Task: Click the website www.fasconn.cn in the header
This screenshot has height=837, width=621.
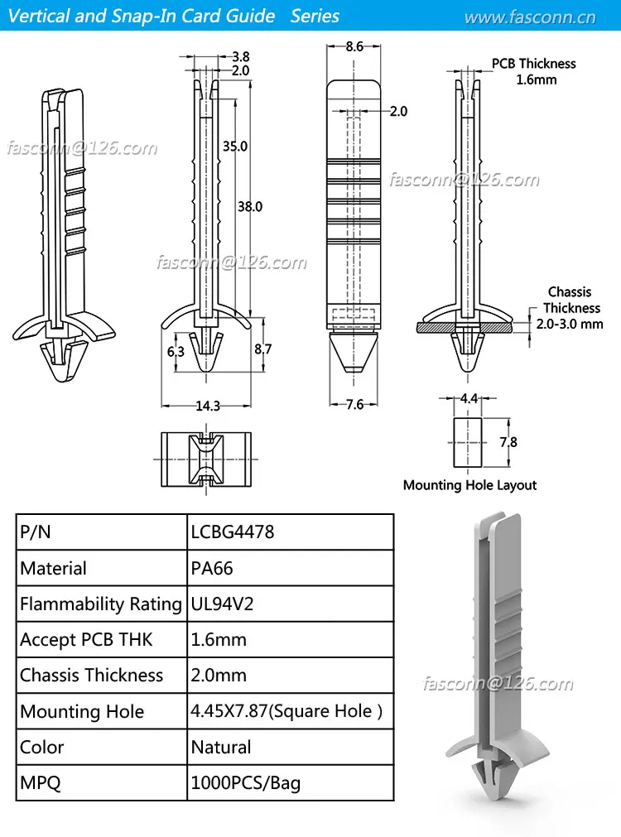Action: (529, 17)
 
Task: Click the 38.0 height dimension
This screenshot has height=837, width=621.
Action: (249, 206)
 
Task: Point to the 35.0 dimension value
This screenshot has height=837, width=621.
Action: (235, 146)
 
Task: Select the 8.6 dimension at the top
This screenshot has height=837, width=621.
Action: (354, 47)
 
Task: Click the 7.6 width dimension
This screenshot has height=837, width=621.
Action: (354, 404)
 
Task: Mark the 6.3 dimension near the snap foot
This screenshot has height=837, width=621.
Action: (176, 352)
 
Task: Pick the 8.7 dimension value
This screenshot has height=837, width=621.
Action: (262, 349)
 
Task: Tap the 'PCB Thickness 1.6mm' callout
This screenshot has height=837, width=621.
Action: (534, 71)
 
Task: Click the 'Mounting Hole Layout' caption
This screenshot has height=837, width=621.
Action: (469, 485)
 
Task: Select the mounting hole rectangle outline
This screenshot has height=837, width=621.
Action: (469, 442)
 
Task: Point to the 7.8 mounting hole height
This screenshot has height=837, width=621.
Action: (508, 442)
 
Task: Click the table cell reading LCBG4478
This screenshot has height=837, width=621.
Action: (233, 532)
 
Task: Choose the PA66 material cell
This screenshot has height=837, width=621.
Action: (212, 568)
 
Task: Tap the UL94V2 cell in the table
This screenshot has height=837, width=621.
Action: (222, 604)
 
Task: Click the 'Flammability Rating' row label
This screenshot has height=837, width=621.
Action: (101, 604)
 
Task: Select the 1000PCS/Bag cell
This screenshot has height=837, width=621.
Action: (246, 782)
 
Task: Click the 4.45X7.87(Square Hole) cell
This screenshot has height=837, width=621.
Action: (286, 711)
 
